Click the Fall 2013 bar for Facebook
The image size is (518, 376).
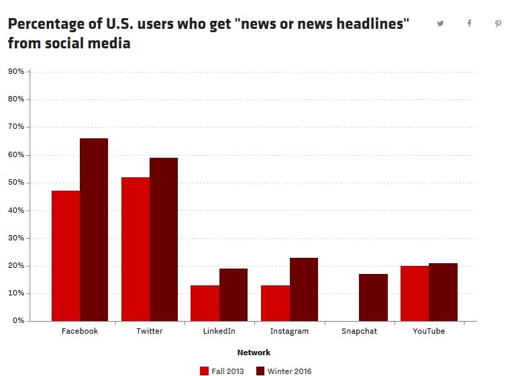[x=66, y=256]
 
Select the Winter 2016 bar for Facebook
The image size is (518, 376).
[x=94, y=230]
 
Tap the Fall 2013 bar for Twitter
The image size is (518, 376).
[x=136, y=249]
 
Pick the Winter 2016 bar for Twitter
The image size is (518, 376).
[x=164, y=239]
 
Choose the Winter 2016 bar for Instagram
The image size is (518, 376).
[x=304, y=289]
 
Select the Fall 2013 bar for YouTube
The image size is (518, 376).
[x=415, y=293]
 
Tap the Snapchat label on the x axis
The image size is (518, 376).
[x=359, y=331]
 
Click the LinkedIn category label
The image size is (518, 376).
[x=219, y=331]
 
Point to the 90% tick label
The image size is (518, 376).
[x=16, y=71]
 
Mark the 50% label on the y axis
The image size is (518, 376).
[x=16, y=183]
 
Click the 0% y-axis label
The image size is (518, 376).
[x=18, y=321]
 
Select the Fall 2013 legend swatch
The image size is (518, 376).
[x=205, y=371]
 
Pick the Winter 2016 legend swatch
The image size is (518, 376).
[x=262, y=371]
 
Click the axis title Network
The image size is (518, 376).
[x=254, y=352]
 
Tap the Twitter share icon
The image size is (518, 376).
[x=440, y=23]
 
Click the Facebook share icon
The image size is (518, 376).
[x=469, y=23]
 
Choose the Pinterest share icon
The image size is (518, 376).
[x=498, y=23]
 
